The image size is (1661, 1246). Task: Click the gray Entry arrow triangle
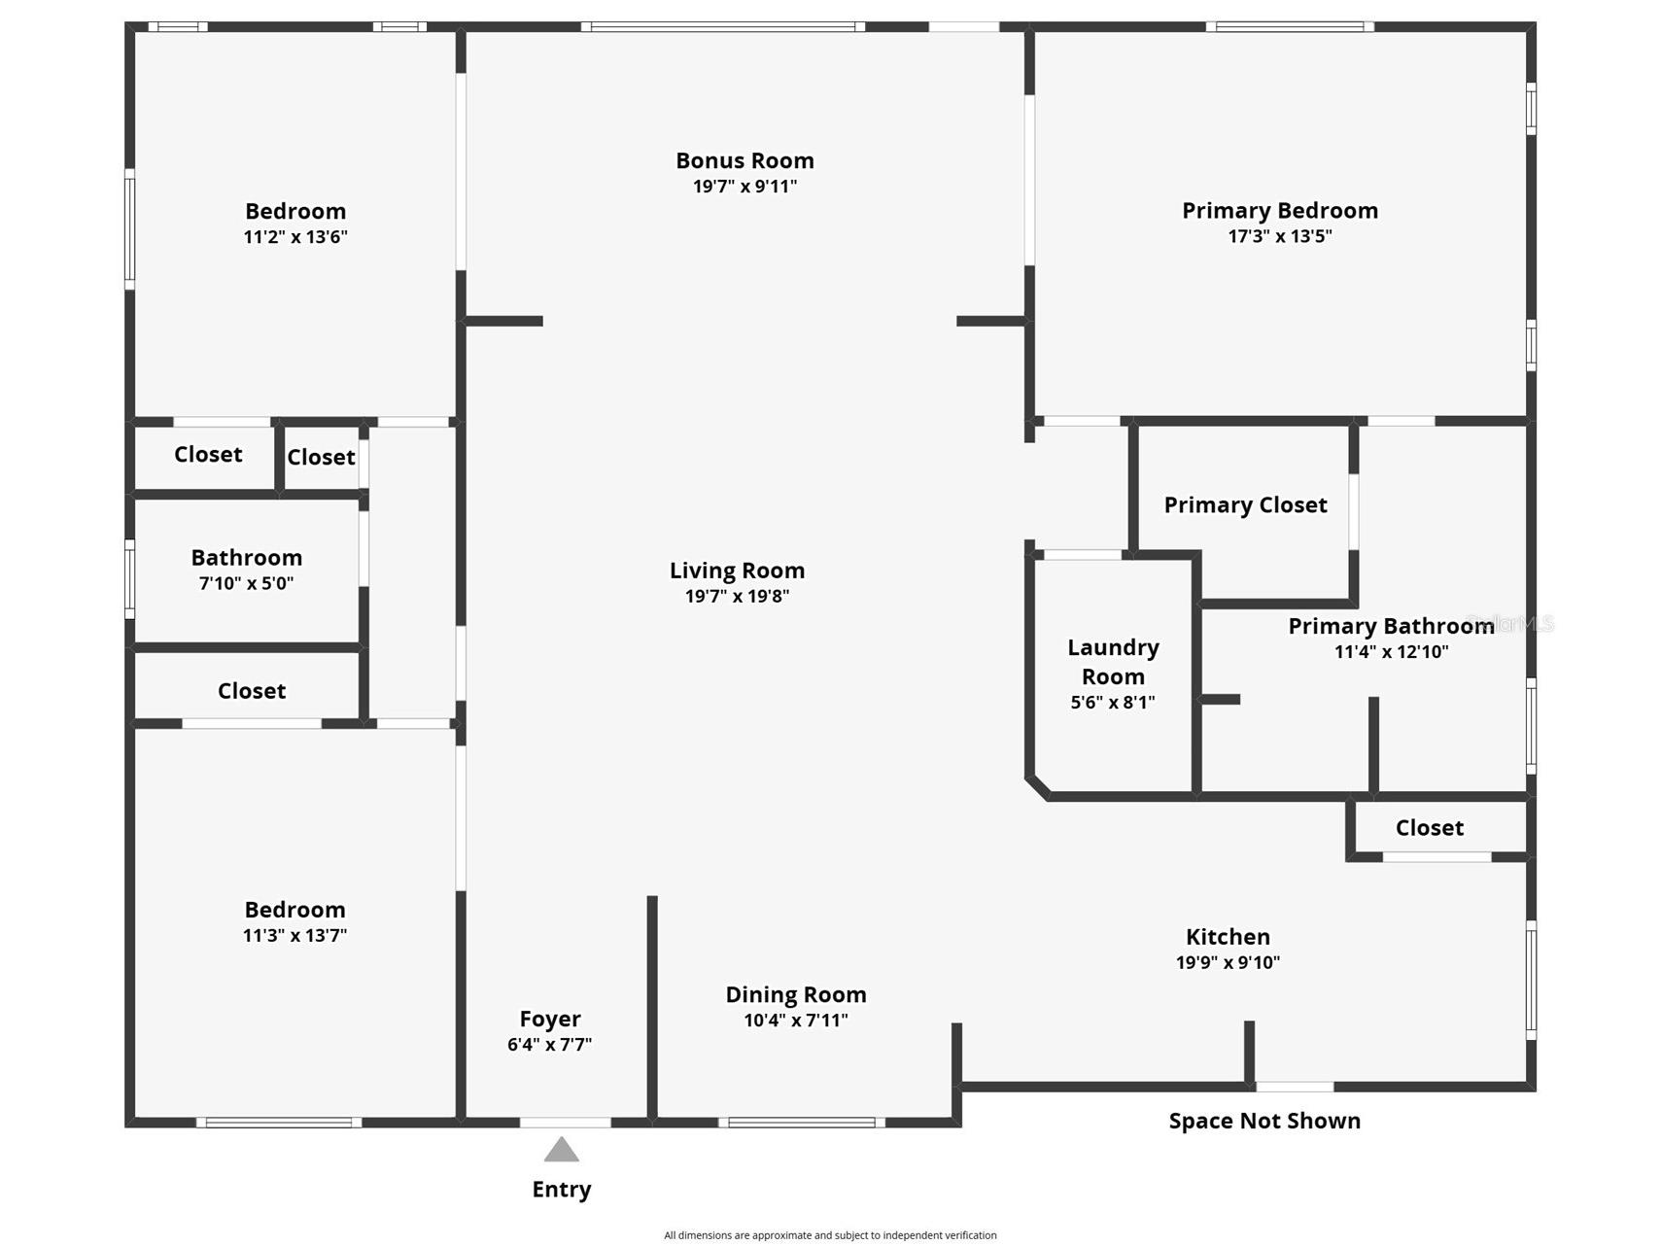[561, 1151]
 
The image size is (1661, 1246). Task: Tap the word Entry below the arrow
[562, 1190]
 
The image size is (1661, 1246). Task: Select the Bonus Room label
[744, 160]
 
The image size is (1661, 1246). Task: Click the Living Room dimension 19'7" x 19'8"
[737, 596]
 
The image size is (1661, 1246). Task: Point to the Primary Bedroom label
[1280, 211]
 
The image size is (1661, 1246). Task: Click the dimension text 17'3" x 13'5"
[1280, 236]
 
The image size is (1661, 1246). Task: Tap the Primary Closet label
[1245, 505]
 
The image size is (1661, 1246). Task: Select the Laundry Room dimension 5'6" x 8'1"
[1113, 702]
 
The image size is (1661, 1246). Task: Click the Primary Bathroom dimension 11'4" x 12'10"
[1391, 651]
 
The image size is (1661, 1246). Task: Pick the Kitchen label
[1228, 937]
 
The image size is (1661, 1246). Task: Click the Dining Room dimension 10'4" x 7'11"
[796, 1020]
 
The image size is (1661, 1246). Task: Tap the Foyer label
[550, 1019]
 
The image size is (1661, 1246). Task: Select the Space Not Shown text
[1264, 1121]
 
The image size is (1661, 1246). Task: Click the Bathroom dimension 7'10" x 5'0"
[246, 583]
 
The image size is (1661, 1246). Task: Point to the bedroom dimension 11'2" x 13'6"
[295, 236]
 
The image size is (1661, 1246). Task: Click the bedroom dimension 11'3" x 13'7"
[294, 935]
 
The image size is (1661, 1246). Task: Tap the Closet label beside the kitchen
[1429, 828]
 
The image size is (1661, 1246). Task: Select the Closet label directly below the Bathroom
[252, 691]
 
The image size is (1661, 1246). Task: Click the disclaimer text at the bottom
[830, 1235]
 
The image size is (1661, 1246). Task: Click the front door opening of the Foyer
[565, 1123]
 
